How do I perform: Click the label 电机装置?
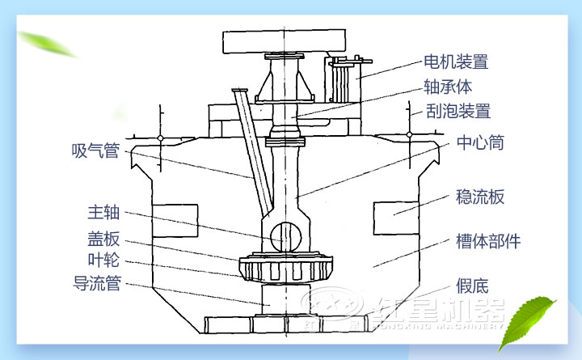point(456,61)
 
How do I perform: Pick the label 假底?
point(471,286)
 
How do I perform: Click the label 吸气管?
point(95,150)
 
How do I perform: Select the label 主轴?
point(103,214)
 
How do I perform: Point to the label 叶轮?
point(103,260)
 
